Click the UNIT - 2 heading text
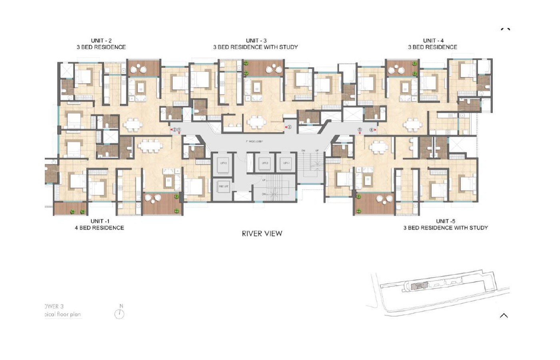pos(101,40)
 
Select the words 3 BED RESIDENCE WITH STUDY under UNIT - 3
pos(256,47)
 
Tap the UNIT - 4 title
pos(433,40)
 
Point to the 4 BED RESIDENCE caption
pos(99,228)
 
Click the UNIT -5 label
pos(445,221)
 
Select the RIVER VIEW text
pos(262,234)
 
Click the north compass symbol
pos(119,314)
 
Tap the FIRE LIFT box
pos(223,186)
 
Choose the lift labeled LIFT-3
pos(223,163)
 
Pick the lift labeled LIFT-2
pos(265,163)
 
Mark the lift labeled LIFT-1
pos(286,163)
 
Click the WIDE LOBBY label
pos(254,142)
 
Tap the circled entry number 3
pos(290,127)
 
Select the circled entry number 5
pos(360,130)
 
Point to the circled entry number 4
pos(371,130)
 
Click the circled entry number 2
pos(174,130)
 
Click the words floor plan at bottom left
pos(70,314)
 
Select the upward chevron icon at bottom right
pos(504,316)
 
